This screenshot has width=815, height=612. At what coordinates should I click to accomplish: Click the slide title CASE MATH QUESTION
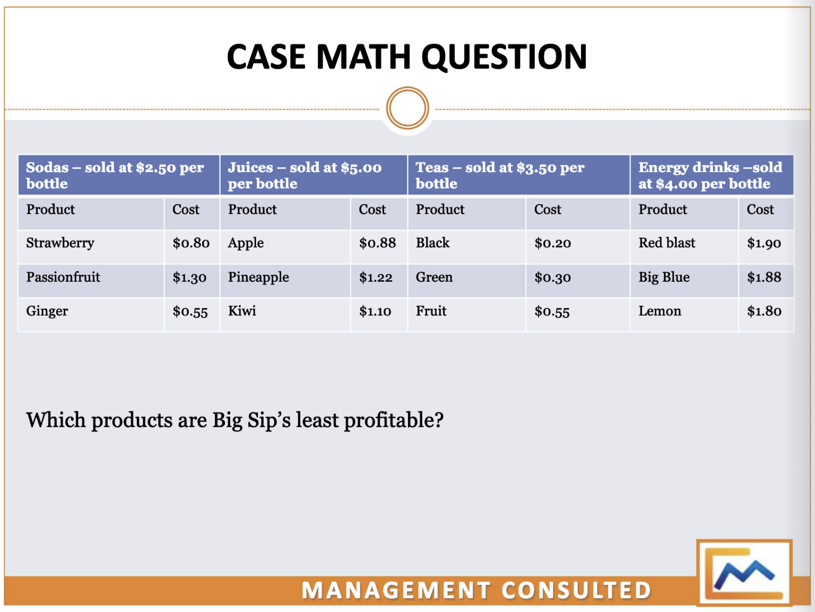click(x=406, y=57)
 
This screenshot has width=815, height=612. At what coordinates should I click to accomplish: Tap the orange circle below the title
click(x=407, y=108)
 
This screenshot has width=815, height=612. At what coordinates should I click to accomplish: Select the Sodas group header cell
click(x=118, y=175)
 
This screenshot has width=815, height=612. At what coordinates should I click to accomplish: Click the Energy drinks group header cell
click(x=711, y=175)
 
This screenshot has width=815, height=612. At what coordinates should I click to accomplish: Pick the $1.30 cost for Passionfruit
click(x=189, y=277)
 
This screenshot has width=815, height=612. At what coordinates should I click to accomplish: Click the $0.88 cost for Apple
click(x=377, y=243)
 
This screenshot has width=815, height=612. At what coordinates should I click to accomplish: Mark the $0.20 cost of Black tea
click(x=552, y=243)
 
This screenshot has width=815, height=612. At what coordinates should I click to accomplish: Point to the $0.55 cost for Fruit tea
click(x=552, y=312)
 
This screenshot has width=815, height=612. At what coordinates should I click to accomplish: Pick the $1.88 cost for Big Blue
click(x=764, y=277)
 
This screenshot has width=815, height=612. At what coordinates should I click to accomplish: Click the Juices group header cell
click(x=313, y=175)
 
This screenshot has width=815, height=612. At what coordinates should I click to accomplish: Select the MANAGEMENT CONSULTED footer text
click(x=476, y=590)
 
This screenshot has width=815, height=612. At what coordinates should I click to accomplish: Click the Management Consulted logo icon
click(x=744, y=573)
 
